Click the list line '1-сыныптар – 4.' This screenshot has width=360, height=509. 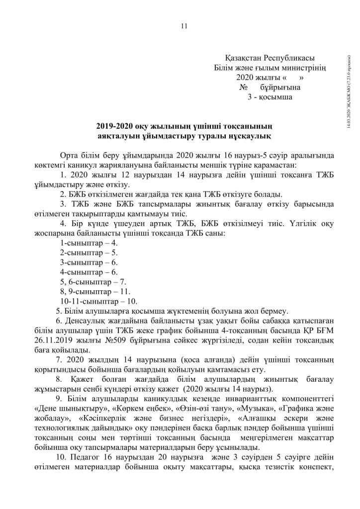pyautogui.click(x=89, y=243)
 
